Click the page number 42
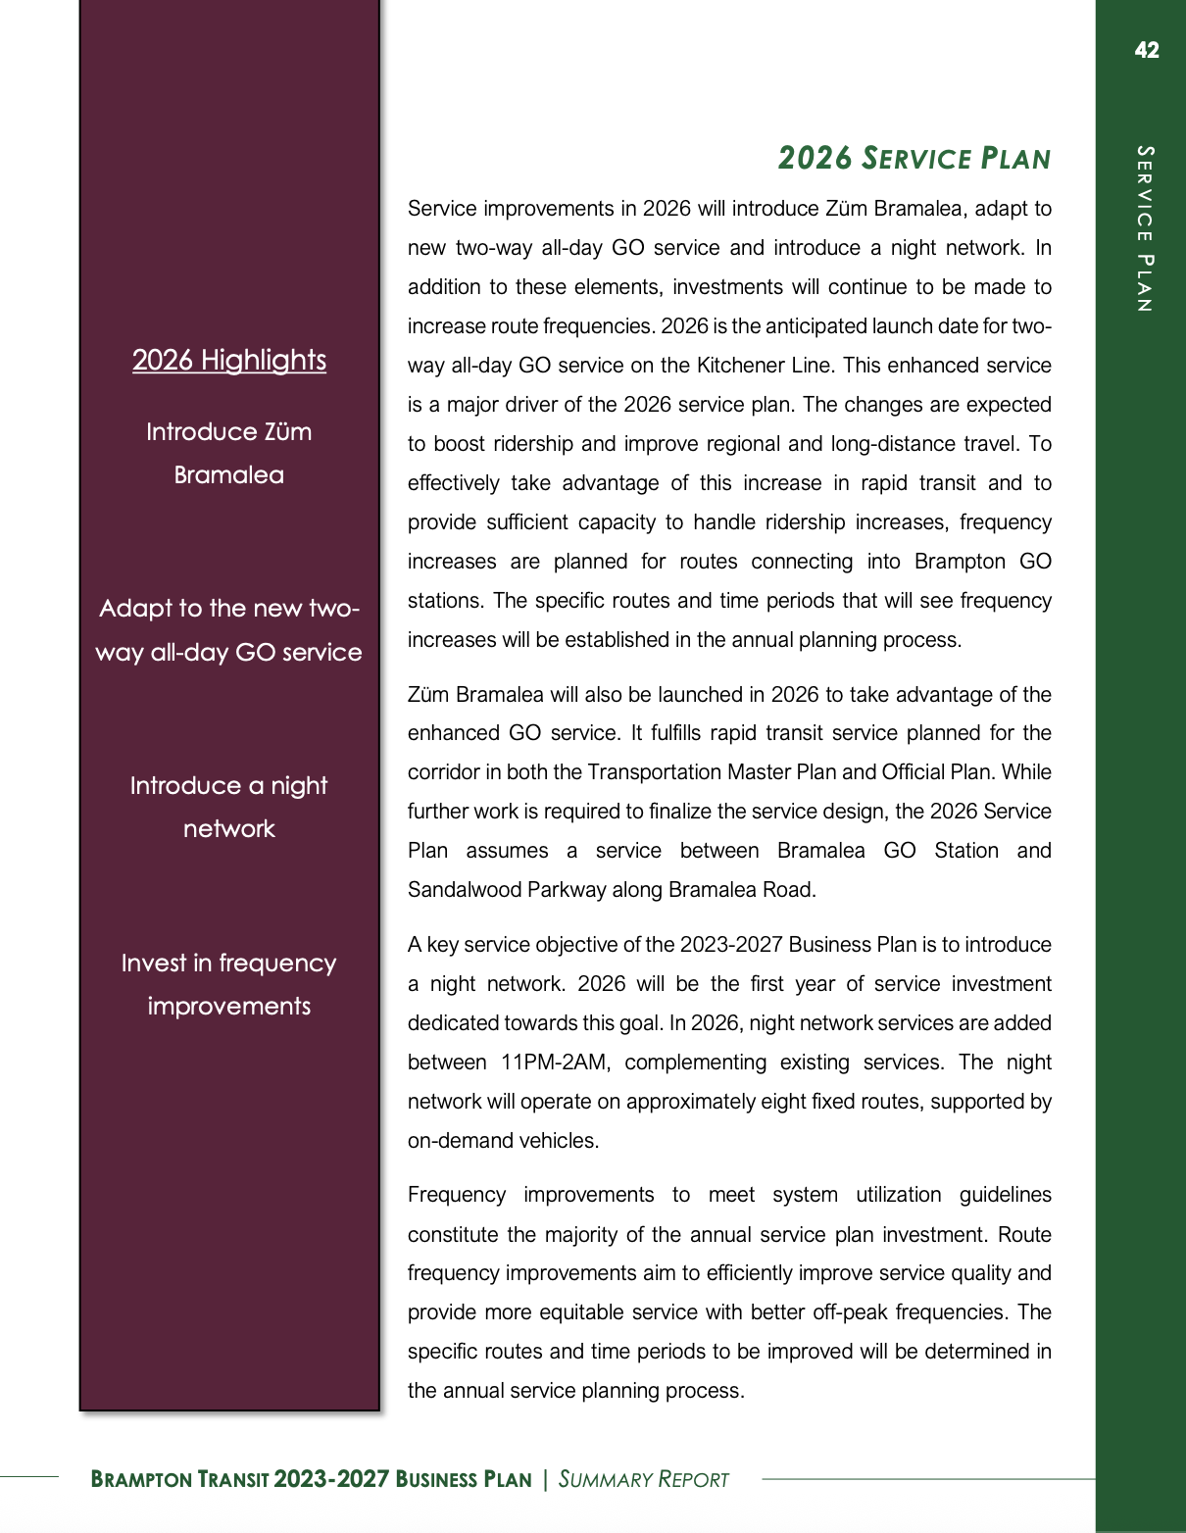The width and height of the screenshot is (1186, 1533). click(1146, 51)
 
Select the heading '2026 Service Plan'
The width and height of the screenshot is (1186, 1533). click(914, 159)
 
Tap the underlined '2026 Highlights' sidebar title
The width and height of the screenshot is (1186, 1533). click(229, 360)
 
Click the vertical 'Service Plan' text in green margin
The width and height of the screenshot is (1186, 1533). click(1145, 228)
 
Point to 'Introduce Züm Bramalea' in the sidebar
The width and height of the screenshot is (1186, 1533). click(229, 453)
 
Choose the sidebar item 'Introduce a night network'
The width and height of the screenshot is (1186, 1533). click(229, 807)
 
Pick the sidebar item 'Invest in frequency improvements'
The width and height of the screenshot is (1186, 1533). click(229, 984)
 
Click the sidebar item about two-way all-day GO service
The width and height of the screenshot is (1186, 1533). click(229, 630)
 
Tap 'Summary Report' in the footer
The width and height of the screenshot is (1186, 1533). click(644, 1479)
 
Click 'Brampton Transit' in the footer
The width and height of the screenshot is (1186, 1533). click(179, 1479)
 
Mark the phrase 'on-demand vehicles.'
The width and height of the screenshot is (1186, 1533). click(503, 1141)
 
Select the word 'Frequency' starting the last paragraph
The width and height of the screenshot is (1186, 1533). click(457, 1195)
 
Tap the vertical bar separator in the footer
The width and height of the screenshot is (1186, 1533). click(545, 1479)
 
